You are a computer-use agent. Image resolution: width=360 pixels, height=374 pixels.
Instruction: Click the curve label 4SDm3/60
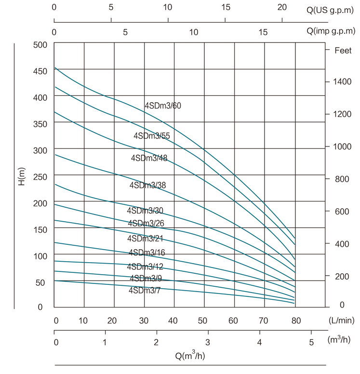[x=163, y=106]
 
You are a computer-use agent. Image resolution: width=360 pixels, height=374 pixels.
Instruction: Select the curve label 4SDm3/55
[x=152, y=136]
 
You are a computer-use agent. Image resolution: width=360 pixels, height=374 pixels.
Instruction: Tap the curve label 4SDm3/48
[x=149, y=158]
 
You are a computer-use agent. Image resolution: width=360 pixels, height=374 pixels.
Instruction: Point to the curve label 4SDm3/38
[x=147, y=185]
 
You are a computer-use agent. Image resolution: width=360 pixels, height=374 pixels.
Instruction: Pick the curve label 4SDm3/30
[x=145, y=211]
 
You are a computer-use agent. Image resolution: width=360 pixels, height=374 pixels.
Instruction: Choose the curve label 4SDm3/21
[x=146, y=239]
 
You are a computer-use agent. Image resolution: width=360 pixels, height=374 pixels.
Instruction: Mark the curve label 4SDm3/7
[x=145, y=290]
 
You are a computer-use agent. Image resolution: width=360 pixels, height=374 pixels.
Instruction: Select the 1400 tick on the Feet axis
[x=339, y=82]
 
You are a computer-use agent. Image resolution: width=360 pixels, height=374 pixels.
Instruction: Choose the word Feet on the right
[x=343, y=50]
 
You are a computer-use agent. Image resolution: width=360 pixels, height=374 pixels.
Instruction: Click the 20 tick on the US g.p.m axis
[x=282, y=8]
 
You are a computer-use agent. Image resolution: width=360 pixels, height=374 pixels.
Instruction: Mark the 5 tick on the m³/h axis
[x=311, y=343]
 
